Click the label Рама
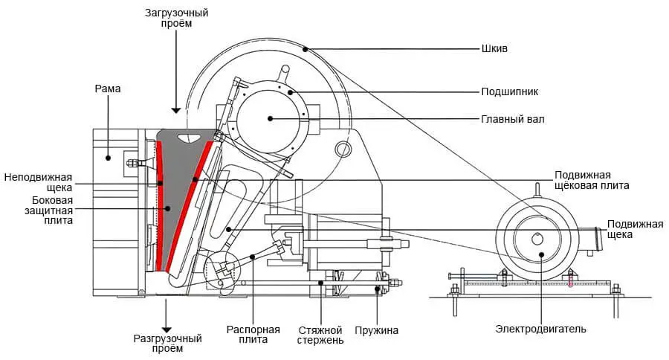pos(108,89)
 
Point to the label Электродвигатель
pos(541,329)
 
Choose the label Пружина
pos(377,330)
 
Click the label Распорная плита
pos(254,335)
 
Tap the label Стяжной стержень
pos(320,335)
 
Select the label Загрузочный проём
pos(175,19)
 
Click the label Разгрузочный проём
pos(167,344)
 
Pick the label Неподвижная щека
pos(38,182)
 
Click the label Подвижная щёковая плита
pos(592,180)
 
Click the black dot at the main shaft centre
pos(270,118)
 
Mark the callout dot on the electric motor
pos(542,254)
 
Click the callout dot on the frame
pos(109,157)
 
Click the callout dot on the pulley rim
pos(306,50)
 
